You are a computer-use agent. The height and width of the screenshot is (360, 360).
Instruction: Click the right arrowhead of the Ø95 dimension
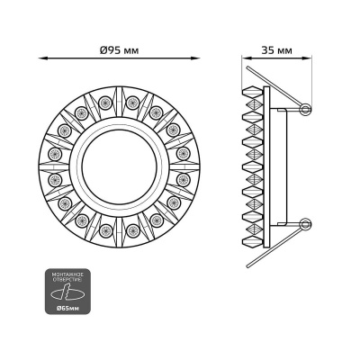point(199,60)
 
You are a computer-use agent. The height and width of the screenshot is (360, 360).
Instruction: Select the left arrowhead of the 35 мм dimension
point(247,60)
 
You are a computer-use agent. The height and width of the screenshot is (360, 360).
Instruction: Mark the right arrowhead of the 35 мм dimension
point(306,60)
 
